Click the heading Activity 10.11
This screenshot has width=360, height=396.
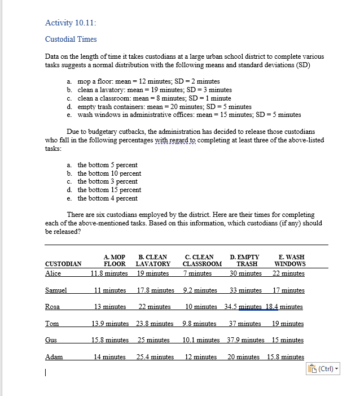71,23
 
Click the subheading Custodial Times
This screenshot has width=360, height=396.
71,40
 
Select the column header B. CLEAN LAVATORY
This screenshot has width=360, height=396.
153,260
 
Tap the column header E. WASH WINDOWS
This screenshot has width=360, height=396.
290,260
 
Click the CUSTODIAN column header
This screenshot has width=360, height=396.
63,264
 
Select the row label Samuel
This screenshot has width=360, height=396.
56,290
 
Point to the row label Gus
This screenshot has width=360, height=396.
51,340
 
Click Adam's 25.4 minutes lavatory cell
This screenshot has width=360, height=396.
155,357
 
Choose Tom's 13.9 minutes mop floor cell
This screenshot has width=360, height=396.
109,324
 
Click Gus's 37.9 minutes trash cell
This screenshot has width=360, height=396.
245,340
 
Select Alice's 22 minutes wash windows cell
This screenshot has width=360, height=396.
288,273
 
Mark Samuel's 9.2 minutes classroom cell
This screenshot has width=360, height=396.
200,290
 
